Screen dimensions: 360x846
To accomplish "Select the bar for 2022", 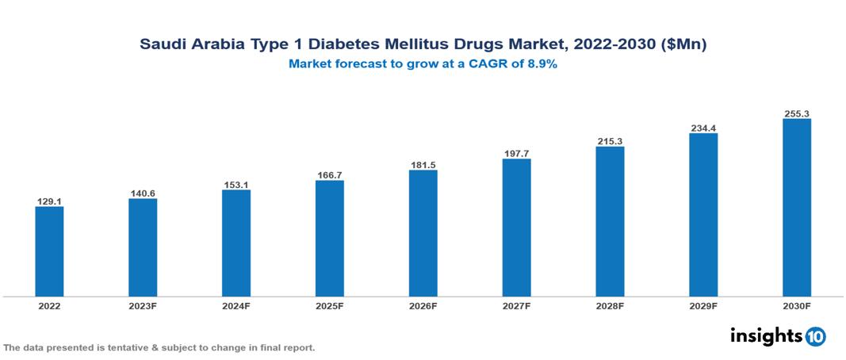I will click(49, 251).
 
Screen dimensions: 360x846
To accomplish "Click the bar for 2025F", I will click(329, 238).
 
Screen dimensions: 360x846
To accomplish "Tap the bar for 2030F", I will click(796, 208).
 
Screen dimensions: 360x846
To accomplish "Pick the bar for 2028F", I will click(610, 221).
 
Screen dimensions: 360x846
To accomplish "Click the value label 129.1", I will click(49, 201).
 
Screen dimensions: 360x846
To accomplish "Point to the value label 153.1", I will click(236, 185).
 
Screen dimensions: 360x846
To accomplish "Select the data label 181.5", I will click(423, 165).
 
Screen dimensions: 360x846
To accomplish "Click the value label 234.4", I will click(703, 128).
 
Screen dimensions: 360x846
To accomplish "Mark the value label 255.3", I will click(796, 114).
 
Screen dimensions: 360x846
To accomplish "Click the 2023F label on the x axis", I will click(143, 305).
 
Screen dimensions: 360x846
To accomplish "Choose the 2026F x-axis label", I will click(423, 305).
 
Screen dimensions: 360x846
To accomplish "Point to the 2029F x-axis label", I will click(703, 305).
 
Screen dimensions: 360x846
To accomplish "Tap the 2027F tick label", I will click(516, 305).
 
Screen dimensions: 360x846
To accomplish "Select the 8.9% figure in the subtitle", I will click(542, 64).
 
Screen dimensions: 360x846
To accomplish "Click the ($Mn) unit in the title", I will click(685, 44).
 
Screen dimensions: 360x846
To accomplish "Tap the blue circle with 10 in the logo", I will click(816, 336).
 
